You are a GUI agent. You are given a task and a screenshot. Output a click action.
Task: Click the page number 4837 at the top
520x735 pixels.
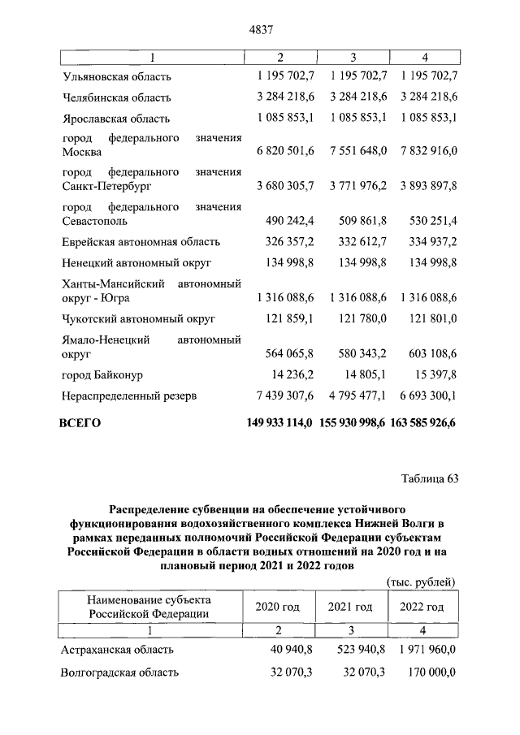pos(259,30)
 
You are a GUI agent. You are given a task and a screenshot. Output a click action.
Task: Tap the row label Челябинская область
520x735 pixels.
pos(117,97)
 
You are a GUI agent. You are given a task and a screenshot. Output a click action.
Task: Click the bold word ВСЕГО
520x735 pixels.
pos(80,423)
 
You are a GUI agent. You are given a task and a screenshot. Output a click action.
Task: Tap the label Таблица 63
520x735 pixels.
pos(430,478)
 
